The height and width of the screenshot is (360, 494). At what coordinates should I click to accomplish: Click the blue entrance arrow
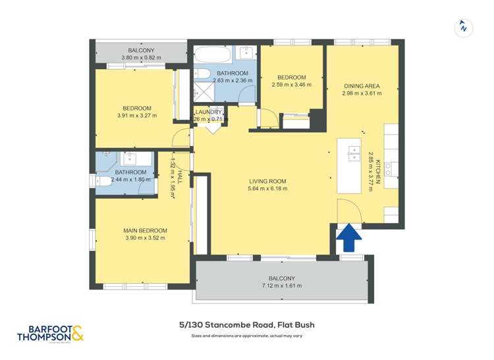pyautogui.click(x=348, y=238)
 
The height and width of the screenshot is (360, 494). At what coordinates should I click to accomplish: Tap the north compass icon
pyautogui.click(x=464, y=28)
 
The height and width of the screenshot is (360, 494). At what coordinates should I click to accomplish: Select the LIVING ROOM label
pyautogui.click(x=267, y=182)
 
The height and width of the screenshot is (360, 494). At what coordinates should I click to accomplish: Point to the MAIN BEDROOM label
pyautogui.click(x=145, y=230)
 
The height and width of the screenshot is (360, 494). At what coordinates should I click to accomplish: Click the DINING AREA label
pyautogui.click(x=362, y=86)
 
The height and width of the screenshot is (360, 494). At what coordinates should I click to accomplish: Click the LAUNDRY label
pyautogui.click(x=209, y=112)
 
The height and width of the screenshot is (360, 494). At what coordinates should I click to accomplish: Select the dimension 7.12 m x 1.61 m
pyautogui.click(x=281, y=286)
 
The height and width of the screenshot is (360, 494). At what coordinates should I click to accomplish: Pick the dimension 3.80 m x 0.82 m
pyautogui.click(x=142, y=59)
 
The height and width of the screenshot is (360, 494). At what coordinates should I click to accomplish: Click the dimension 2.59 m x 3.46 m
pyautogui.click(x=290, y=84)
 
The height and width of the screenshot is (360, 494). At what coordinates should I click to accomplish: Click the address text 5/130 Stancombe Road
pyautogui.click(x=246, y=324)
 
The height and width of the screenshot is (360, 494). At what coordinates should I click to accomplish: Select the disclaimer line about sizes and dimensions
pyautogui.click(x=246, y=337)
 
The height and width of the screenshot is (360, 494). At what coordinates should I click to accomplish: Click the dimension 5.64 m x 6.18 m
pyautogui.click(x=267, y=189)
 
